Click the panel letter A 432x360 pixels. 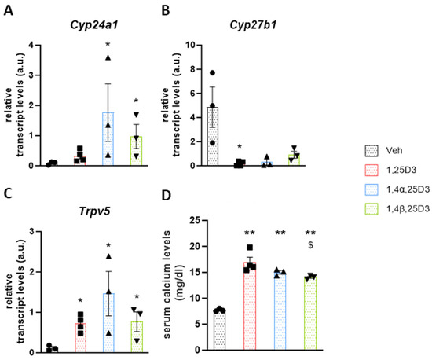tap(8, 11)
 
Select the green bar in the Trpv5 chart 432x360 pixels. tap(137, 336)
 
